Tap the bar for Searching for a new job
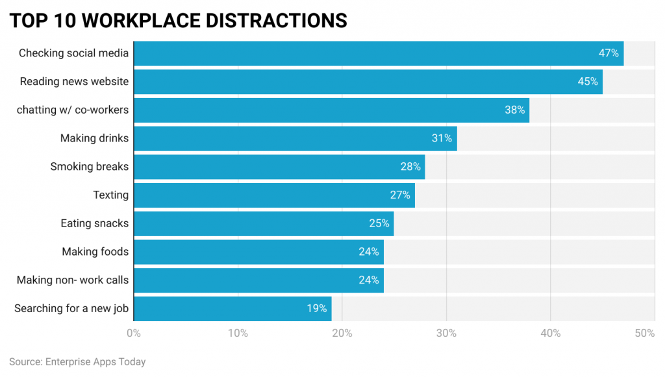click(232, 309)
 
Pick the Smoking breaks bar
click(279, 167)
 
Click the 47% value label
click(609, 53)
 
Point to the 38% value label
click(514, 110)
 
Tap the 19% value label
click(317, 309)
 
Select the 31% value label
click(442, 138)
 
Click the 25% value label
click(379, 224)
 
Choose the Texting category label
click(110, 195)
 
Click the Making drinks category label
click(94, 138)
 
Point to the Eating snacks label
click(94, 224)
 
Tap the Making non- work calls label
click(73, 280)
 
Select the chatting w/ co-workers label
click(73, 110)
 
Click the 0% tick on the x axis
click(134, 334)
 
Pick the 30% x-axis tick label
click(446, 334)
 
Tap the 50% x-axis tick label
click(645, 334)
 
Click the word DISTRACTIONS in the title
click(276, 21)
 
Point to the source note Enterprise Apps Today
click(77, 362)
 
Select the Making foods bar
click(258, 252)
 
